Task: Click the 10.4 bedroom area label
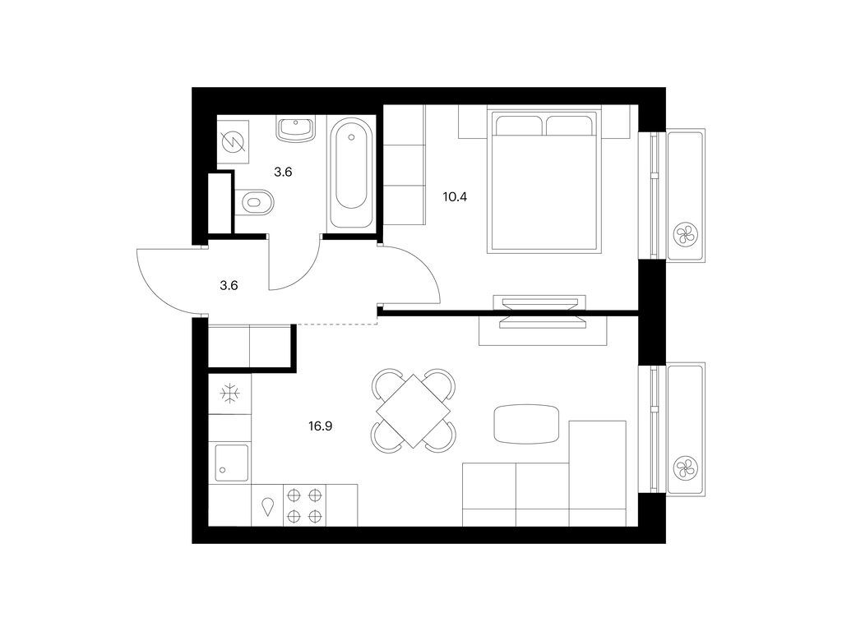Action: (455, 197)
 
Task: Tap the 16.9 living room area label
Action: (320, 426)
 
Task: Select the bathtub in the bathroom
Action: (350, 173)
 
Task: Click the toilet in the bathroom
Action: (255, 202)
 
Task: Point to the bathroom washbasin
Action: (295, 129)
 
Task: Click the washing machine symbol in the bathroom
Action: (234, 142)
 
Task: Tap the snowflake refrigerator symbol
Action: (230, 394)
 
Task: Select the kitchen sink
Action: (232, 463)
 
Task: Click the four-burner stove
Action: (304, 505)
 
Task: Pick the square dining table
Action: (413, 411)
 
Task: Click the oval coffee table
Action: (526, 424)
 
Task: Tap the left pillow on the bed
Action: (519, 125)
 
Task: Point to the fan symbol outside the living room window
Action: (685, 467)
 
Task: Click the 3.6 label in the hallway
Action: (229, 285)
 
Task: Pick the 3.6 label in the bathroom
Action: (283, 173)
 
